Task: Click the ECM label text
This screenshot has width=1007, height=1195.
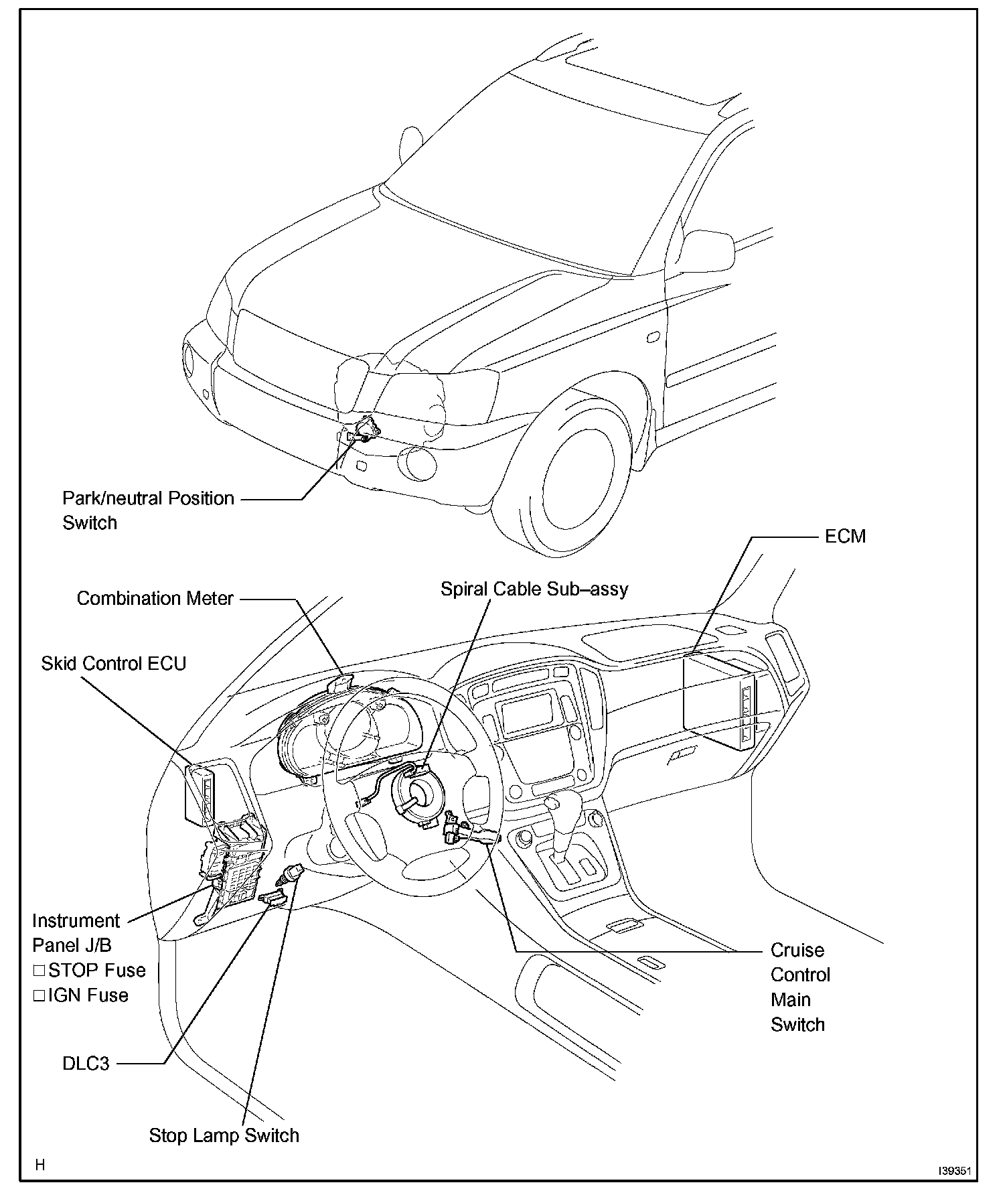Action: tap(845, 537)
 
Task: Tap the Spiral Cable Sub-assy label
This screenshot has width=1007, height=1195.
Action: tap(534, 589)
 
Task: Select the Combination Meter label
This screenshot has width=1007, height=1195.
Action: tap(155, 598)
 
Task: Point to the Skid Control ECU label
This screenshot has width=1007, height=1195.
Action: tap(113, 664)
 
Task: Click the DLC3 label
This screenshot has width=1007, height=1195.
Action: tap(86, 1063)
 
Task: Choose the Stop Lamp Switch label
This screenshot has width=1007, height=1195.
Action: tap(224, 1135)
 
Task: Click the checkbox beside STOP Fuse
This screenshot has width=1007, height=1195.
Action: tap(39, 971)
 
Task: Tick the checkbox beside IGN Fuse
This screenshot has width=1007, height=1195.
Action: tap(39, 995)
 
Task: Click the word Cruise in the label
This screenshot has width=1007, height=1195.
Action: tap(797, 950)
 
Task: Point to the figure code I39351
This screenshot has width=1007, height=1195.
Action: tap(953, 1172)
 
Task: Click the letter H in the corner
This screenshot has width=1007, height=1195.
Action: tap(40, 1165)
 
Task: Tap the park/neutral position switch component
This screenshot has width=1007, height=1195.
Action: tap(364, 429)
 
